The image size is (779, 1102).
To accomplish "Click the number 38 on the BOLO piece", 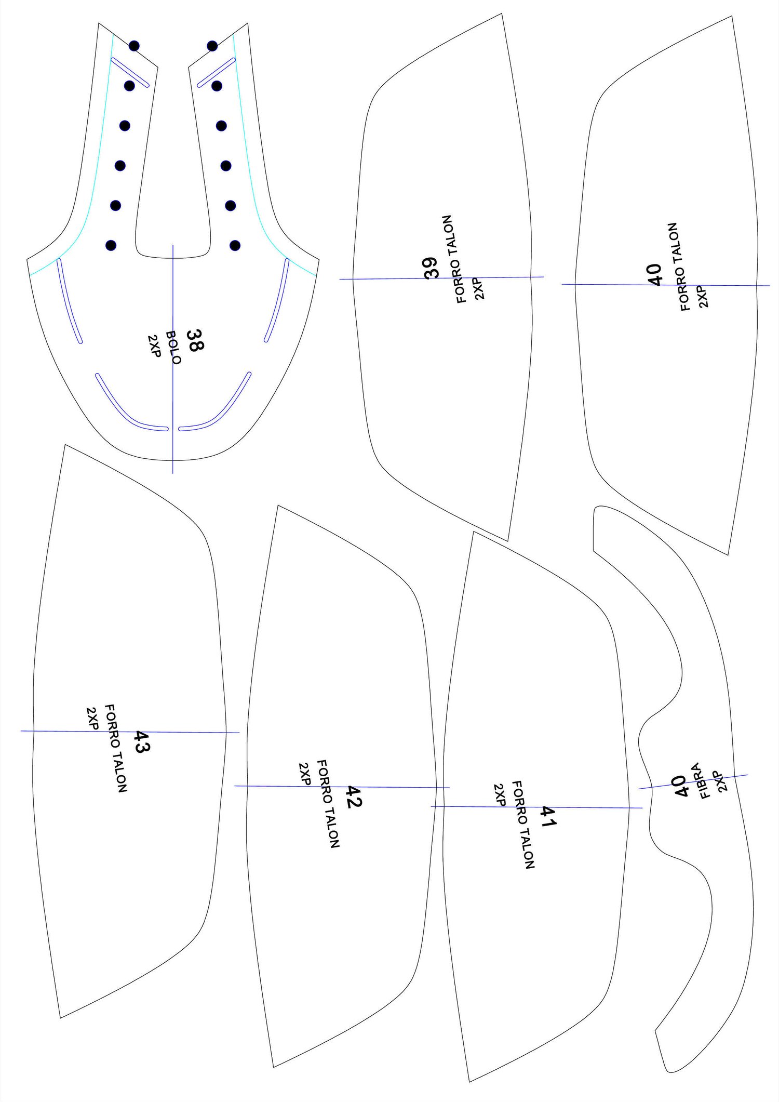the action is pyautogui.click(x=195, y=340).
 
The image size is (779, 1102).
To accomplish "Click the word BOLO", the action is pyautogui.click(x=173, y=348).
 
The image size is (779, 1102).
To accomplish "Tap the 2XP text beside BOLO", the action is pyautogui.click(x=154, y=346).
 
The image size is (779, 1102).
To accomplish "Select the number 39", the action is pyautogui.click(x=431, y=268).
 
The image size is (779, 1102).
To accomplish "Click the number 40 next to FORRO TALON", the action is pyautogui.click(x=655, y=274).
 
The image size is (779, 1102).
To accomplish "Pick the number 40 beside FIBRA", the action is pyautogui.click(x=681, y=786).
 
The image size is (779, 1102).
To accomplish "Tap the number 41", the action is pyautogui.click(x=548, y=817).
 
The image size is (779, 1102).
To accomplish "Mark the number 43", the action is pyautogui.click(x=141, y=741).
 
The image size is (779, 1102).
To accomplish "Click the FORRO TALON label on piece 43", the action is pyautogui.click(x=116, y=748).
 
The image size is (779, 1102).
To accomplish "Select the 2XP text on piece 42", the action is pyautogui.click(x=305, y=774).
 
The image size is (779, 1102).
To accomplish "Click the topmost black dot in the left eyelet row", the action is pyautogui.click(x=134, y=46).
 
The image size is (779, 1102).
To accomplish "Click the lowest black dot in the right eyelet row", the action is pyautogui.click(x=235, y=245).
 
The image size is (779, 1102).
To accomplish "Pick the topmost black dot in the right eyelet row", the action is pyautogui.click(x=212, y=46).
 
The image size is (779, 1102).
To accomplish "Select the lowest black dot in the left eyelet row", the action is pyautogui.click(x=111, y=245).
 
